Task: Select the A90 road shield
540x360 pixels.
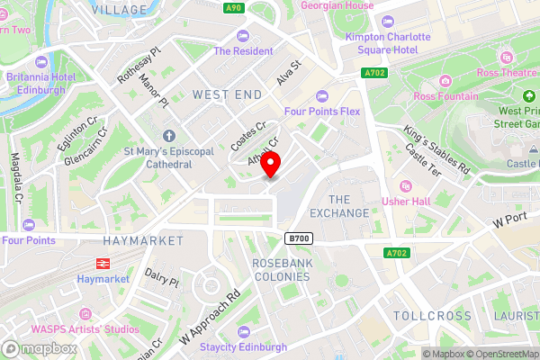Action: pos(235,8)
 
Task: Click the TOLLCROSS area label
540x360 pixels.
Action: pos(431,316)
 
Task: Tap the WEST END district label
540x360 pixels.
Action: pos(227,94)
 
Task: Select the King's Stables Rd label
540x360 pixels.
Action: pos(436,149)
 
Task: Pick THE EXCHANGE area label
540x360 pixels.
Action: pos(338,206)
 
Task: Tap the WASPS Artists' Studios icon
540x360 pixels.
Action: pos(86,313)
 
